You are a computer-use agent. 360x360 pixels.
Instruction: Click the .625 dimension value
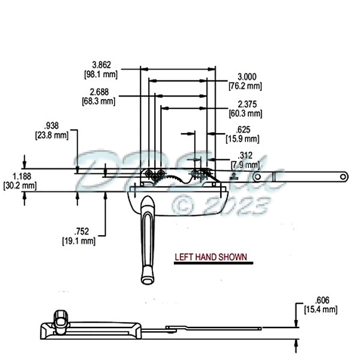click(244, 130)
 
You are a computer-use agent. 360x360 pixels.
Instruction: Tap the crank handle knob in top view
click(147, 278)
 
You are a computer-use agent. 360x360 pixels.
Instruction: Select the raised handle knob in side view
click(60, 317)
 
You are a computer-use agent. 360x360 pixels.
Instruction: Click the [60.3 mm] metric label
click(245, 113)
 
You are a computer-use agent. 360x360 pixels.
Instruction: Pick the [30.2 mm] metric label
click(20, 186)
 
